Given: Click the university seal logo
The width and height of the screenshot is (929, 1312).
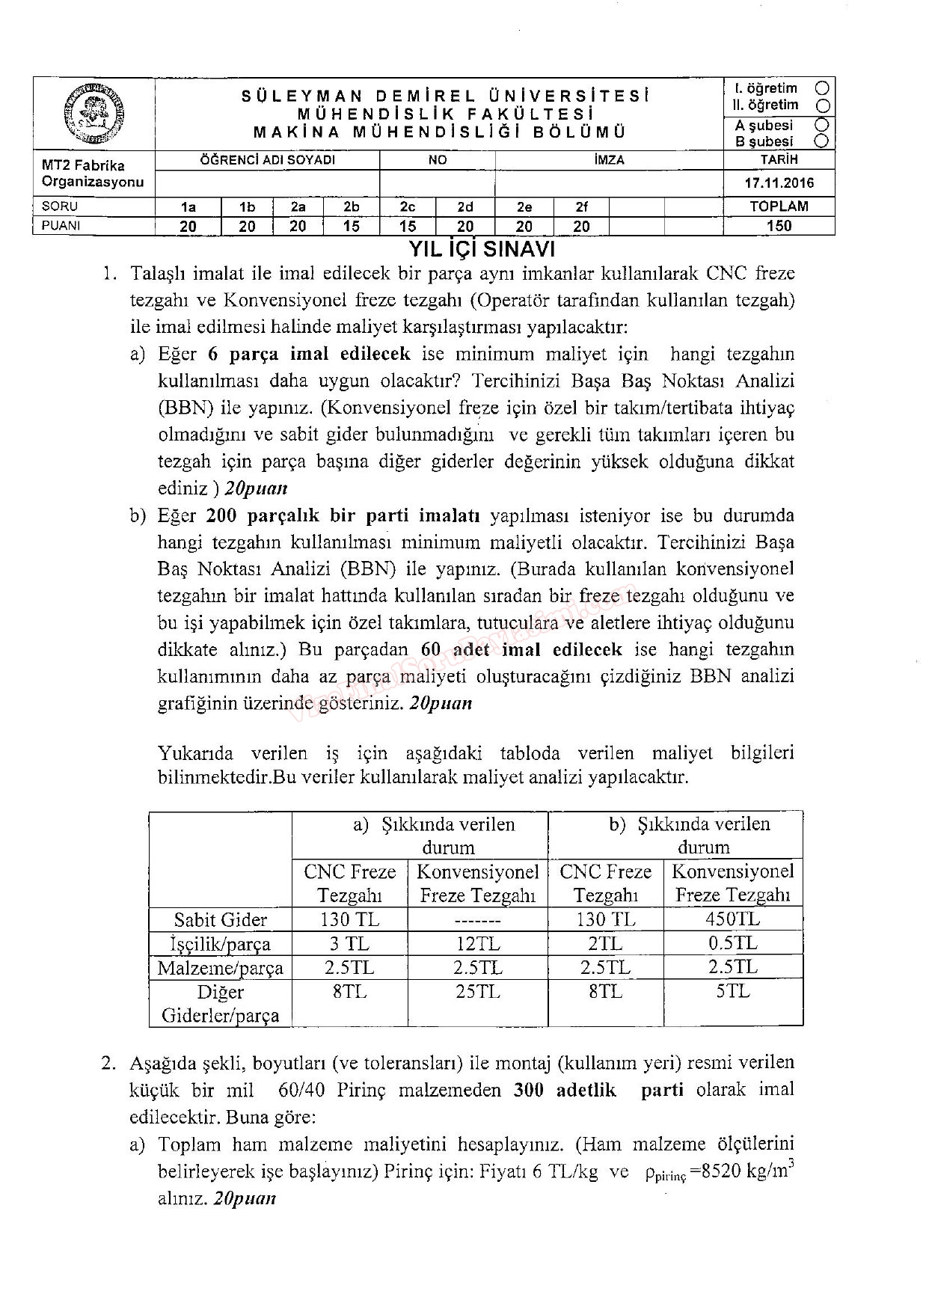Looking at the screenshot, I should pyautogui.click(x=93, y=114).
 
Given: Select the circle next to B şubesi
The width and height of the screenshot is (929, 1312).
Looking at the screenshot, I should pyautogui.click(x=822, y=141).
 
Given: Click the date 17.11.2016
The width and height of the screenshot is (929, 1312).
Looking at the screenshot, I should pyautogui.click(x=779, y=183).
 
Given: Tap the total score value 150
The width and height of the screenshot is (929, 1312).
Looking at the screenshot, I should pyautogui.click(x=779, y=226).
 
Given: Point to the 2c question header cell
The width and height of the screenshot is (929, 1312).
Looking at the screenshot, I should pyautogui.click(x=408, y=207).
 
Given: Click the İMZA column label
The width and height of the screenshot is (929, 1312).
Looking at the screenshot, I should pyautogui.click(x=609, y=160).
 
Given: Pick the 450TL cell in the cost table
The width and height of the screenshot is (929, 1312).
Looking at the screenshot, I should pyautogui.click(x=732, y=919).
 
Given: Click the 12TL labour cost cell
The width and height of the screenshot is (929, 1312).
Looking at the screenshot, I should pyautogui.click(x=476, y=943).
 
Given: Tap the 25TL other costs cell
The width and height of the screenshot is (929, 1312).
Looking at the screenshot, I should pyautogui.click(x=476, y=992).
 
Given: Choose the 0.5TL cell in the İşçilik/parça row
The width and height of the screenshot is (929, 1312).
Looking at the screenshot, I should pyautogui.click(x=732, y=943).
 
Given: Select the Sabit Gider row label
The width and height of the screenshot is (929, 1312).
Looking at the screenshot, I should pyautogui.click(x=220, y=919).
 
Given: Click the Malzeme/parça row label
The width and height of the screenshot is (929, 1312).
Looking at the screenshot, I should pyautogui.click(x=220, y=968).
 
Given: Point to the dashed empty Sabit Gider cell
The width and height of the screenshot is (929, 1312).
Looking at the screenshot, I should pyautogui.click(x=476, y=920).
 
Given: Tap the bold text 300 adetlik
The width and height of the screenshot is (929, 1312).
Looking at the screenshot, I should pyautogui.click(x=565, y=1090).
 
